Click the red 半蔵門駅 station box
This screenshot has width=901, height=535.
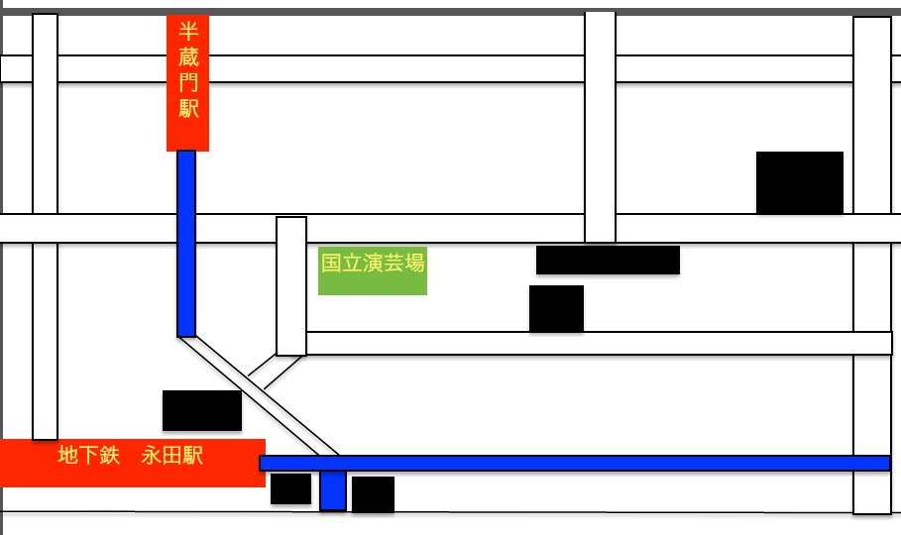188,83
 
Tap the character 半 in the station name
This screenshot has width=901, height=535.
188,31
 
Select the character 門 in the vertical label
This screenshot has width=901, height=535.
188,82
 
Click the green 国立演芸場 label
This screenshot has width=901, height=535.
373,270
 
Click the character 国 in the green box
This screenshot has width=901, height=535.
331,263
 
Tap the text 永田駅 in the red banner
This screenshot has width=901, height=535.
171,455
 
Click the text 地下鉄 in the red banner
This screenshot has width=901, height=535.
89,455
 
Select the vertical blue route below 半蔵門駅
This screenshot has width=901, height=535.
186,244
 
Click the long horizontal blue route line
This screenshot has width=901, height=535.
575,463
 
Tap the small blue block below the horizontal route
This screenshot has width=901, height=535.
333,490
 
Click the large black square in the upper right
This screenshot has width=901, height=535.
800,182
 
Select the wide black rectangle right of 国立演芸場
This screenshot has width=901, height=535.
608,261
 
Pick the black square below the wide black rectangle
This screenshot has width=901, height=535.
556,308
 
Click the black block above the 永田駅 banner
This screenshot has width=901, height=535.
202,410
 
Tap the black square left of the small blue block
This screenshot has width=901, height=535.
290,489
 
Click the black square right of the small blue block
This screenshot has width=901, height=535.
373,494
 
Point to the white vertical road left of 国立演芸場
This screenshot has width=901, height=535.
291,286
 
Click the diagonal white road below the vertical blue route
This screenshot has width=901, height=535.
259,396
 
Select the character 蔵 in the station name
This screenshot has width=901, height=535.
188,56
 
